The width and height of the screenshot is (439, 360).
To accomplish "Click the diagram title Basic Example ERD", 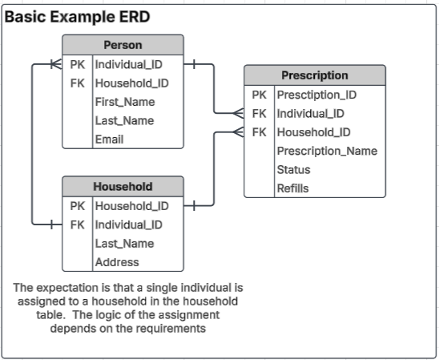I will pyautogui.click(x=77, y=17).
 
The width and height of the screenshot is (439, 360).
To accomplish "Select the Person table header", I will pyautogui.click(x=123, y=45).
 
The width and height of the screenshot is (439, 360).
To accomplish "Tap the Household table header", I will pyautogui.click(x=123, y=186).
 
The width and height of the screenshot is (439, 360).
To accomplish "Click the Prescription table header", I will pyautogui.click(x=314, y=75).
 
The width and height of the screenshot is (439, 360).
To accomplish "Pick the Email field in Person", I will pyautogui.click(x=109, y=140).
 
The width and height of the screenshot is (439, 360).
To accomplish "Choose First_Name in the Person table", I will pyautogui.click(x=124, y=102).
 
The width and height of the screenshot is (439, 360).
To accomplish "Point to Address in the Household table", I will pyautogui.click(x=117, y=262).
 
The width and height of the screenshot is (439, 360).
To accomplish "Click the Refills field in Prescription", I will pyautogui.click(x=292, y=188).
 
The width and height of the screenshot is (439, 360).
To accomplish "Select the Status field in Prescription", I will pyautogui.click(x=293, y=170).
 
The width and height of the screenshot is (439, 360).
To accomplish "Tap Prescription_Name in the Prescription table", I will pyautogui.click(x=327, y=151).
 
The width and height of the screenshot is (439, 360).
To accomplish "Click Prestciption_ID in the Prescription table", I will pyautogui.click(x=316, y=95).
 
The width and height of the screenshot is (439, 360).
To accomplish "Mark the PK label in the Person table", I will pyautogui.click(x=77, y=64).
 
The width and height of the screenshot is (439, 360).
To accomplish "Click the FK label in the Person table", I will pyautogui.click(x=77, y=83).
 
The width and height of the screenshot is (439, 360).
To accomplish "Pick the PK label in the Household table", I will pyautogui.click(x=77, y=206).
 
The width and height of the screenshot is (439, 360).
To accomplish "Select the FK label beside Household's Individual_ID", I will pyautogui.click(x=77, y=224).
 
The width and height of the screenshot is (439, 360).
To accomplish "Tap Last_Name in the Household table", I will pyautogui.click(x=124, y=244).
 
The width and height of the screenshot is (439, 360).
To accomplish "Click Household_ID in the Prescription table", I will pyautogui.click(x=313, y=132).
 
